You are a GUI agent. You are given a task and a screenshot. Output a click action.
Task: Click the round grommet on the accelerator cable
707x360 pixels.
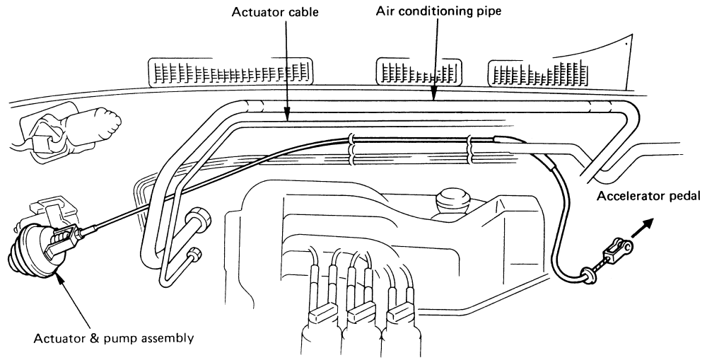click(586, 272)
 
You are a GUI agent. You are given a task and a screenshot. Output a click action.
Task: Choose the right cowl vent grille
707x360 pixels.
click(537, 74)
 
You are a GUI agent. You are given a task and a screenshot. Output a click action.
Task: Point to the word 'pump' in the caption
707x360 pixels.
click(132, 337)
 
